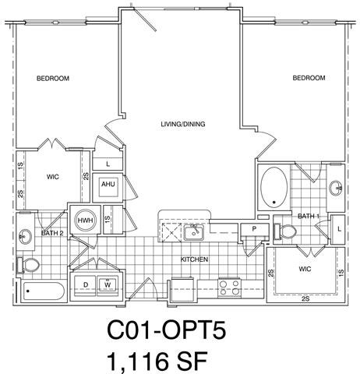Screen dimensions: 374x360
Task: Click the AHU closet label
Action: coord(108,185)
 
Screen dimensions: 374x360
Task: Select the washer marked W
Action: coord(107,284)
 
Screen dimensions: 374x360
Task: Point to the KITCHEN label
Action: coord(194,259)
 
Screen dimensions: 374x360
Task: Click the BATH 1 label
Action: coord(309,215)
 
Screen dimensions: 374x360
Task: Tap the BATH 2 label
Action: coord(52,233)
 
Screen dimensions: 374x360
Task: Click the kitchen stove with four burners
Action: coord(229,287)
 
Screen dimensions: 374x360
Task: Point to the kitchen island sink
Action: coord(196,231)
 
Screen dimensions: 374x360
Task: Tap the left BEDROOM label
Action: coord(54,79)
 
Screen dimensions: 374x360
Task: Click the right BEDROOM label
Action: coord(309,78)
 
